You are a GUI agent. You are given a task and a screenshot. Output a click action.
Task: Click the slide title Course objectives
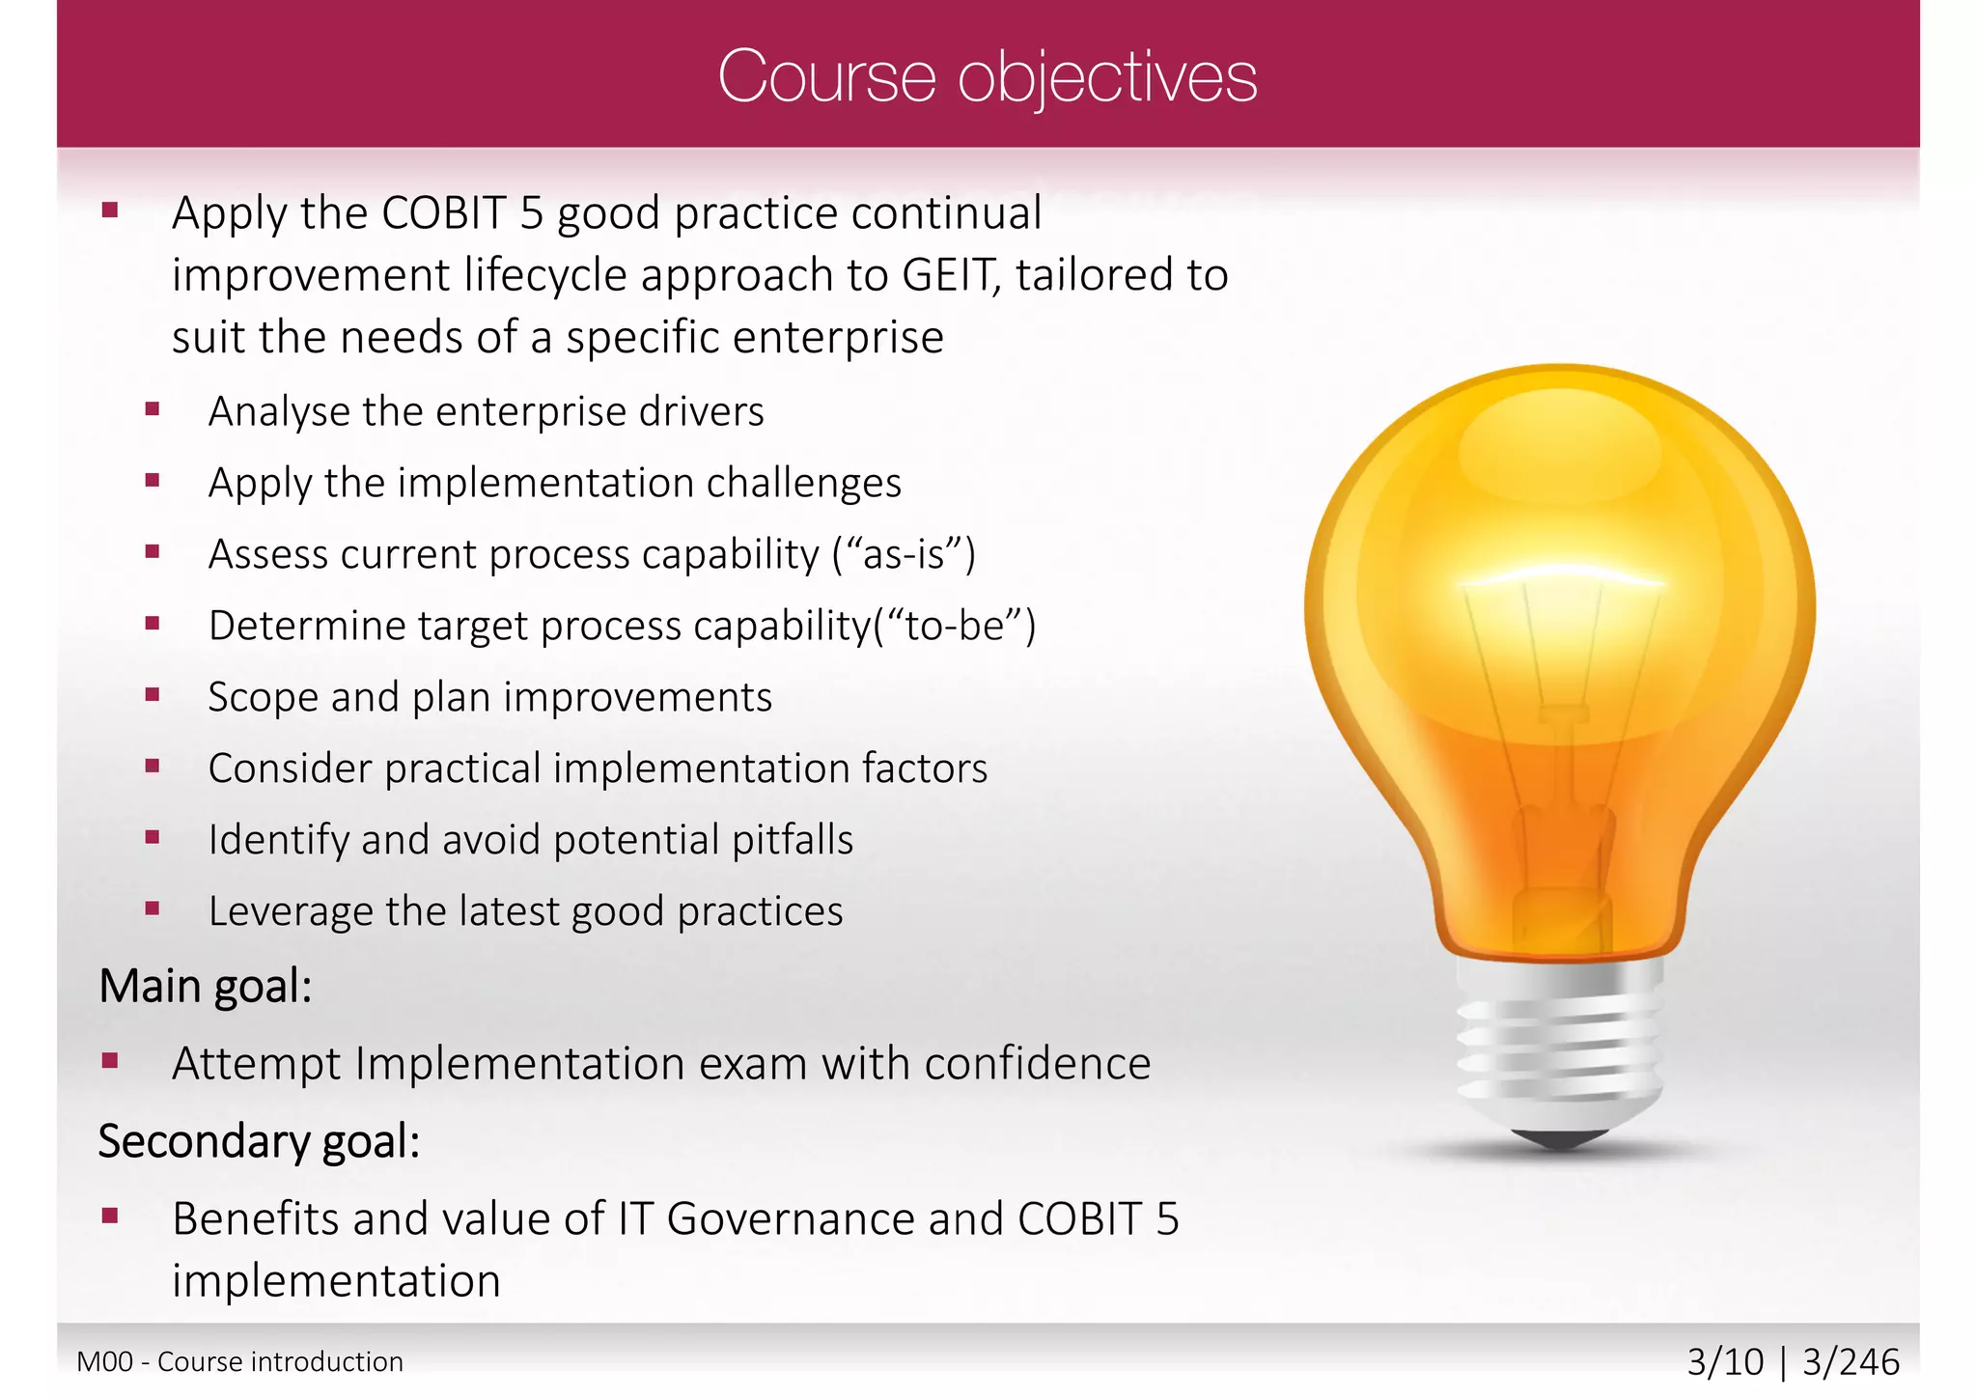[x=987, y=77]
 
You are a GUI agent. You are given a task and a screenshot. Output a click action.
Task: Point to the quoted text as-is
[x=904, y=555]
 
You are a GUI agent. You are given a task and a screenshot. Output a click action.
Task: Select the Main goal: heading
[x=206, y=987]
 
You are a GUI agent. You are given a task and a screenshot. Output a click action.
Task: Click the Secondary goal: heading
[x=259, y=1141]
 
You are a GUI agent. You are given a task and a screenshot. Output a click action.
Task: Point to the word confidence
[x=1037, y=1064]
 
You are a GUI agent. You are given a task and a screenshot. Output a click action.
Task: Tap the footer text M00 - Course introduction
[x=239, y=1362]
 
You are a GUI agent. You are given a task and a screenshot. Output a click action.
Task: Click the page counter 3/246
[x=1851, y=1362]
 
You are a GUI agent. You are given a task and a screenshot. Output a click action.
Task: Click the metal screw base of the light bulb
[x=1559, y=1048]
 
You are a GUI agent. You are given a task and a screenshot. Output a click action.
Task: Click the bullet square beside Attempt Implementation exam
[x=110, y=1062]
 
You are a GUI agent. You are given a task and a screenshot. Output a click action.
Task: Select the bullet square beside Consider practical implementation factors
[x=152, y=767]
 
